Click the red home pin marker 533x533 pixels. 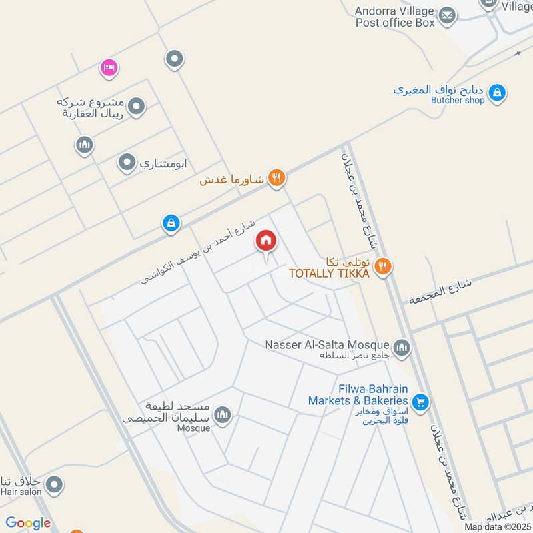click(x=266, y=241)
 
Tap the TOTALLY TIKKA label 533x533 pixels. click(x=328, y=273)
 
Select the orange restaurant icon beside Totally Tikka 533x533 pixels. click(x=382, y=266)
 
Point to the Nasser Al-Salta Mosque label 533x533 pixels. click(x=326, y=344)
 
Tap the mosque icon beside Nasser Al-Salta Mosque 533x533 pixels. click(x=402, y=347)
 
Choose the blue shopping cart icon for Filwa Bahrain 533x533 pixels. click(x=420, y=402)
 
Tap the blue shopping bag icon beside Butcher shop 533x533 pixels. click(x=496, y=95)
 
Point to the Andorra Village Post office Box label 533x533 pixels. click(x=394, y=17)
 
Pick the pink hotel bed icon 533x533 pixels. click(x=109, y=67)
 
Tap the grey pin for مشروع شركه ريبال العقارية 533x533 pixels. click(x=137, y=106)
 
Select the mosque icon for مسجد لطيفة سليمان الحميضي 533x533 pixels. click(x=223, y=415)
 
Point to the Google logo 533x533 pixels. click(x=28, y=523)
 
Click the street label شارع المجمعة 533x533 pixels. click(x=440, y=291)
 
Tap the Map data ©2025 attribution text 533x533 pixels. click(x=498, y=527)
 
